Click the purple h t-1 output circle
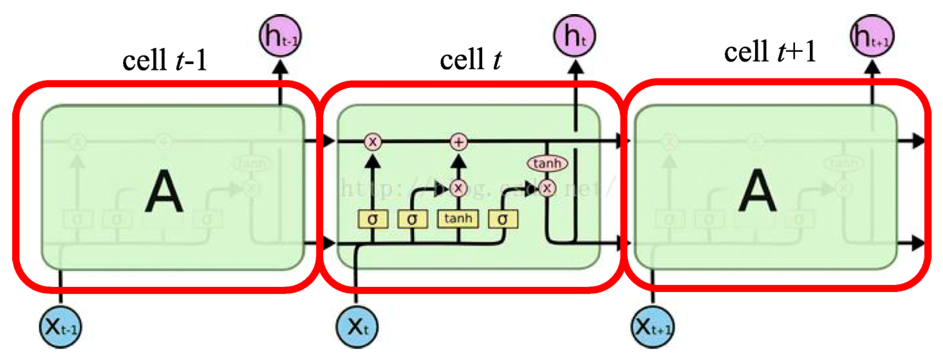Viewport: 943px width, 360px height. point(280,36)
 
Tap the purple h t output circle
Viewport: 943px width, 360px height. point(575,36)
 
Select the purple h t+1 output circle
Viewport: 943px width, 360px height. point(872,36)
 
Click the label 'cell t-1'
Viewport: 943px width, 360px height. point(164,60)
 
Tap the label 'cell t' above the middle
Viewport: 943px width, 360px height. point(471,60)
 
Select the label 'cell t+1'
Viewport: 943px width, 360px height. point(769,52)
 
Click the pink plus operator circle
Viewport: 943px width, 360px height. point(459,142)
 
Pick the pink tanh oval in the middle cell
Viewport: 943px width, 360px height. point(547,164)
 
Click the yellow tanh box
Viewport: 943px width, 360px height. point(458,219)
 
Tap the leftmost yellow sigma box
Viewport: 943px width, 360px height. point(373,219)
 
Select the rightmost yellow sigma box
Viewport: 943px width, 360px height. point(503,219)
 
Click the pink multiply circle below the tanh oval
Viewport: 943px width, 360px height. point(547,188)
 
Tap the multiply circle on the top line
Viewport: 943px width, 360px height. point(373,142)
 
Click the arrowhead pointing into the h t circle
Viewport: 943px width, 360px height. point(575,67)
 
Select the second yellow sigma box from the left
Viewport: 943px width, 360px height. point(413,219)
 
